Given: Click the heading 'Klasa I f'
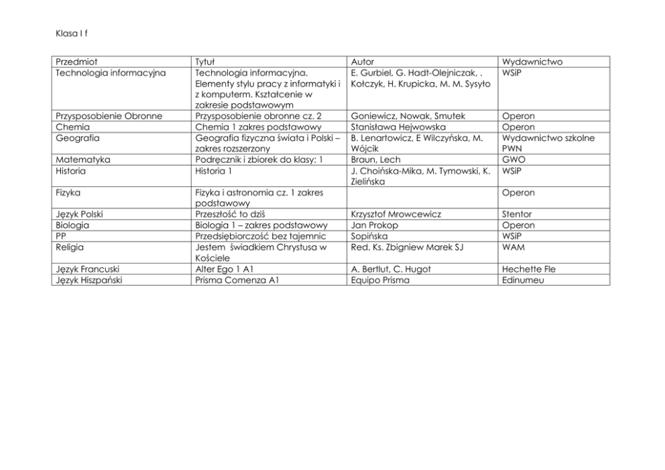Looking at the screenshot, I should point(69,32).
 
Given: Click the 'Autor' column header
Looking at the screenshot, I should point(363,62).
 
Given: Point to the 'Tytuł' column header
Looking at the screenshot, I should point(204,62).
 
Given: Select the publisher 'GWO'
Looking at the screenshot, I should point(513,160).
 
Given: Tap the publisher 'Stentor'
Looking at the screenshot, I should point(518,214).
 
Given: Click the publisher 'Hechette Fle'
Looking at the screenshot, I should point(528,269).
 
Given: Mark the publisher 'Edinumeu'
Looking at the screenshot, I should point(523,280).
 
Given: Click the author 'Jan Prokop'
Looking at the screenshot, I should point(374,225).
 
